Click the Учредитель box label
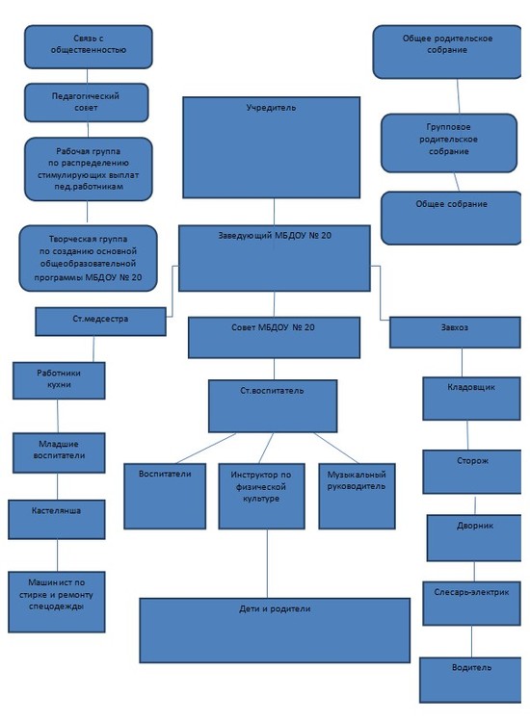tap(271, 108)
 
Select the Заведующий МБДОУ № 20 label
tap(275, 235)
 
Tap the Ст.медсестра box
tap(100, 322)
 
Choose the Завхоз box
tap(455, 332)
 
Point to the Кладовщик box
tap(471, 399)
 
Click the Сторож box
tap(471, 472)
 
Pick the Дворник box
tap(474, 538)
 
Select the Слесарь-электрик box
tap(471, 604)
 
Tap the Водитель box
tap(470, 680)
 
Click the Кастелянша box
tap(57, 520)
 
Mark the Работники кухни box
tap(59, 380)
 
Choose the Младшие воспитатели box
tap(59, 453)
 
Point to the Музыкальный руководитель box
tap(357, 497)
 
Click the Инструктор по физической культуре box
tap(261, 497)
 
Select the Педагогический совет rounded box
tap(86, 103)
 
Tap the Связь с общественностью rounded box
tap(88, 47)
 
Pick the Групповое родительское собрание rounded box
tap(449, 143)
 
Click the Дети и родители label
tap(275, 608)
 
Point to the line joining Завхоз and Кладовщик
tap(462, 362)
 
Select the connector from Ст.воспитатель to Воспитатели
tap(205, 448)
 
